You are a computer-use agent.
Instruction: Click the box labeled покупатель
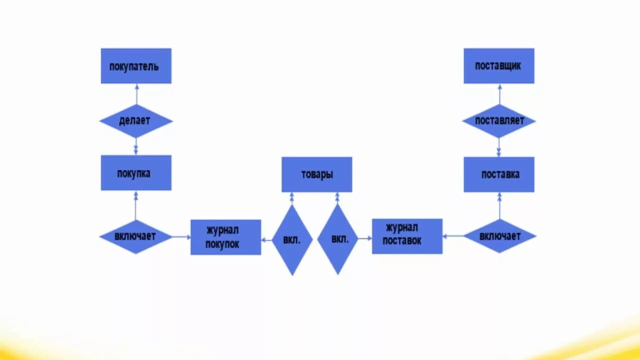(x=136, y=65)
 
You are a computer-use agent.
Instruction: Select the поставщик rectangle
(x=498, y=65)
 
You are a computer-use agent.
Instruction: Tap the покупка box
(x=136, y=172)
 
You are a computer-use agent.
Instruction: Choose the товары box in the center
(x=316, y=174)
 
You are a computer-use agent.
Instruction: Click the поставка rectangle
(x=498, y=174)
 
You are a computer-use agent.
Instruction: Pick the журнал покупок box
(x=225, y=237)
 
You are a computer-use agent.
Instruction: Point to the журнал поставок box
(x=407, y=236)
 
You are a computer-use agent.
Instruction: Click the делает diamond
(x=136, y=121)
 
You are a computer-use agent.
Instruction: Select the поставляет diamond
(x=498, y=121)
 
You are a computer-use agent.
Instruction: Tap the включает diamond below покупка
(x=136, y=236)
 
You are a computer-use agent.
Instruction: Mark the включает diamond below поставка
(x=499, y=236)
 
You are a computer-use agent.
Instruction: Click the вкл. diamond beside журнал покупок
(x=292, y=240)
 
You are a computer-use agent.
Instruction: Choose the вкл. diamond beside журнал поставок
(x=337, y=239)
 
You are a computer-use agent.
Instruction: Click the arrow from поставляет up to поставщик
(x=499, y=94)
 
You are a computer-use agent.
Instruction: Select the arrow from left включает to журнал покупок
(x=181, y=237)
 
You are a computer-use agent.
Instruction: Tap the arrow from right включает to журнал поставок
(x=453, y=236)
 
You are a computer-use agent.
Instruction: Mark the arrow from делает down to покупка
(x=136, y=146)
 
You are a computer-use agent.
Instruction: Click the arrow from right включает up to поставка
(x=499, y=206)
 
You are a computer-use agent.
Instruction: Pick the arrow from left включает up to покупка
(x=136, y=205)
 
